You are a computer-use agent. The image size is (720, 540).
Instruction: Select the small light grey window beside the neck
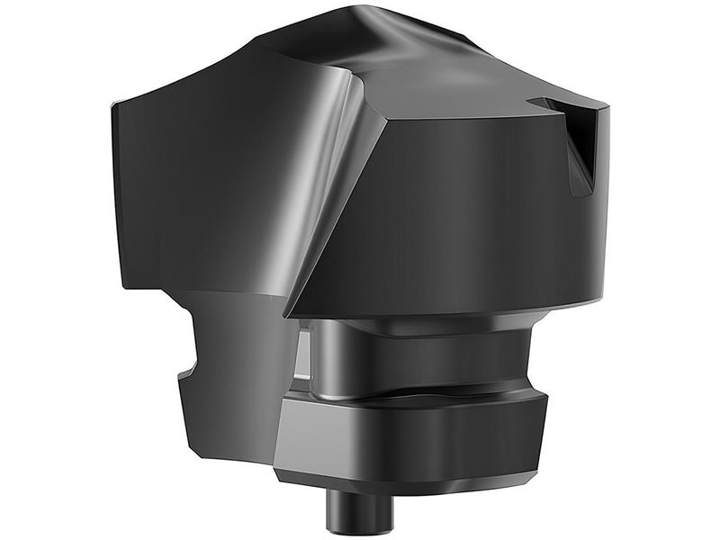[x=303, y=355]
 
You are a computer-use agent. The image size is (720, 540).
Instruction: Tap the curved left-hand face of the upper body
[x=207, y=180]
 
